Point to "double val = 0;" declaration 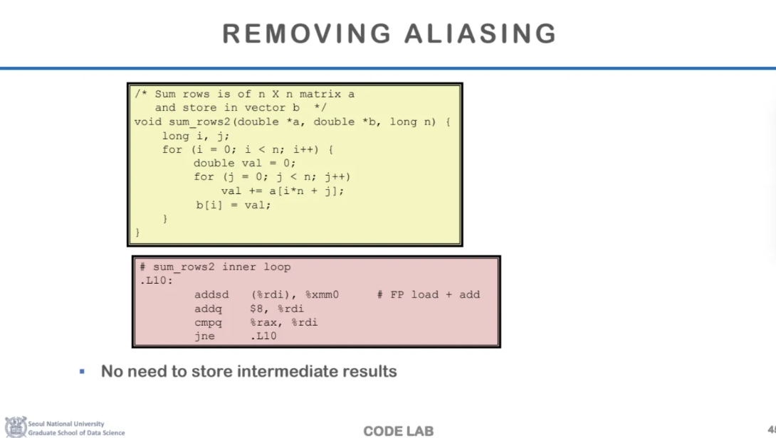click(x=245, y=163)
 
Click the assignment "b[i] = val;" click(x=234, y=205)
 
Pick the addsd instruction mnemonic click(x=211, y=294)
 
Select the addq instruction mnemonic click(x=208, y=309)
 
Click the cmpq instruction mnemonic click(x=208, y=322)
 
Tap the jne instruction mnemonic click(x=204, y=336)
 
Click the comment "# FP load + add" click(x=429, y=294)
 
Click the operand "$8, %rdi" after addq click(x=277, y=309)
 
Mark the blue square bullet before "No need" click(x=83, y=371)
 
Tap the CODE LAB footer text click(x=398, y=431)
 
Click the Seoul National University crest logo click(x=15, y=427)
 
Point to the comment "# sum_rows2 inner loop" click(x=215, y=267)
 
